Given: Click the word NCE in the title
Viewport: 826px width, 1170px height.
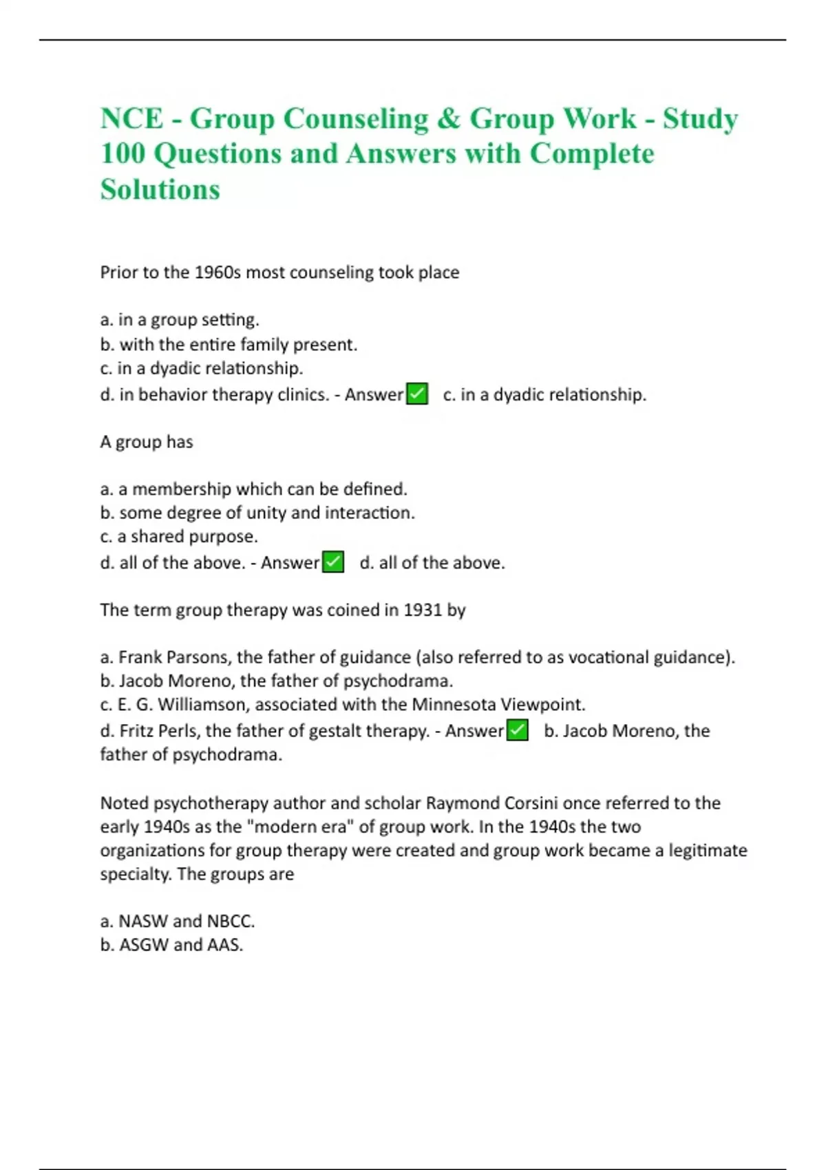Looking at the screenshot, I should pos(131,118).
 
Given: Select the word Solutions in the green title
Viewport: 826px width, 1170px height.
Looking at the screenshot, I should pos(160,189).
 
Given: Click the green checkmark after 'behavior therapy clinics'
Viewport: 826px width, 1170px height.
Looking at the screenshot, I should pos(417,394).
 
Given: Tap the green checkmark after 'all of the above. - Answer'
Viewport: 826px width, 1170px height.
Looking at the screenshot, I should pos(333,562).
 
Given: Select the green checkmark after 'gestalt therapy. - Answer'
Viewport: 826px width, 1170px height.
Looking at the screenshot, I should pos(517,730).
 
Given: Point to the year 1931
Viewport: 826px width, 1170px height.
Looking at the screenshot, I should pos(422,610).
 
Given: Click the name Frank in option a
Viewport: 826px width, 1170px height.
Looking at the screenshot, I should pos(140,657).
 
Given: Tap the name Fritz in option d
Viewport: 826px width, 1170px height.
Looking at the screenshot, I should pos(137,731).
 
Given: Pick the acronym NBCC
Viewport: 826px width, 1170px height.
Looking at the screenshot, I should pos(231,921).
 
